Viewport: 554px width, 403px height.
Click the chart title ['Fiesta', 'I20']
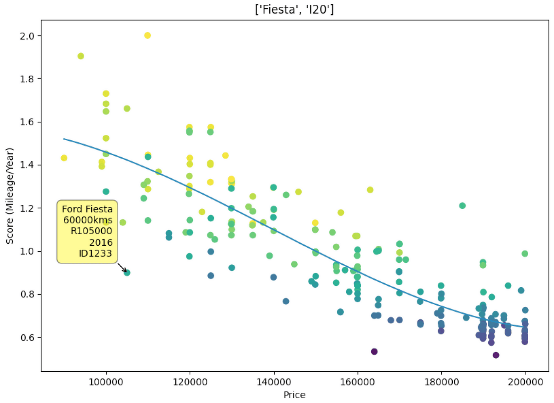[294, 9]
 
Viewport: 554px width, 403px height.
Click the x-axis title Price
[294, 395]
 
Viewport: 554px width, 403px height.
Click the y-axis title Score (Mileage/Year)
[10, 196]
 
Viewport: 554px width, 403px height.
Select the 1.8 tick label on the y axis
[27, 79]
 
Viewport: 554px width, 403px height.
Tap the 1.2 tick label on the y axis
[27, 208]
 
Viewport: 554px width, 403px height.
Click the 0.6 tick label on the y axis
[27, 338]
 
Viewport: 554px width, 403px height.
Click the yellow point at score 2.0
[148, 36]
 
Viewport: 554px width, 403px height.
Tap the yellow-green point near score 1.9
[81, 56]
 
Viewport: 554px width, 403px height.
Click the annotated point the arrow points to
[127, 273]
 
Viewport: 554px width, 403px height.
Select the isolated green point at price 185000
[462, 206]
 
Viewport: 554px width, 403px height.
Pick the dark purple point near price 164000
[374, 351]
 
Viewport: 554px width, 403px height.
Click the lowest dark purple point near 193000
[496, 355]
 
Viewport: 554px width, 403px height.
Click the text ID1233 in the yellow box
[95, 254]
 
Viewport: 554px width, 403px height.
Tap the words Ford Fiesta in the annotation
[87, 209]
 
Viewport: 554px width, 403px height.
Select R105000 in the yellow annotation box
[91, 231]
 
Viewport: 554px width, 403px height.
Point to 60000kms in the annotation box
[88, 220]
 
